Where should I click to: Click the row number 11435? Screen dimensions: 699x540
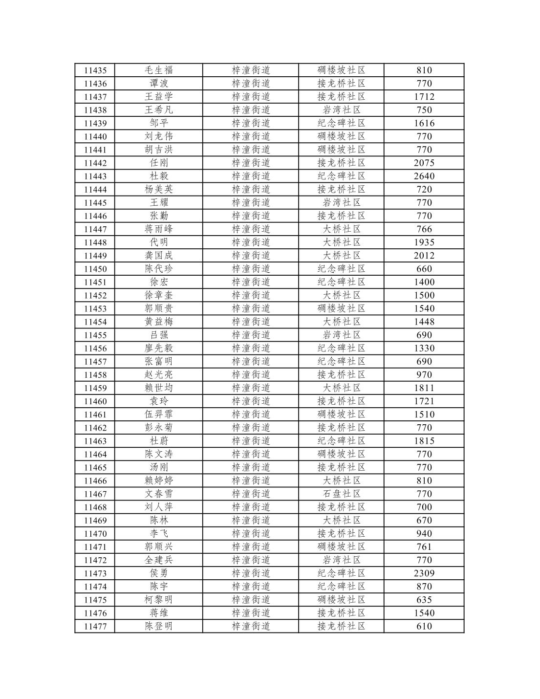click(x=95, y=70)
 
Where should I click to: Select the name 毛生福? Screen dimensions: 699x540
click(x=159, y=70)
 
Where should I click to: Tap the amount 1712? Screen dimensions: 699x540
click(x=424, y=97)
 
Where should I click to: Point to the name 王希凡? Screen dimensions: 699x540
click(x=159, y=110)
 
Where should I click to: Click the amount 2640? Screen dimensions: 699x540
click(x=424, y=176)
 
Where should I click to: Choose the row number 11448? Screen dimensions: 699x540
click(x=95, y=242)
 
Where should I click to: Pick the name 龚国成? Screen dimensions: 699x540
click(x=159, y=256)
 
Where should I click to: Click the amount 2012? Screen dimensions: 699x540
click(x=424, y=256)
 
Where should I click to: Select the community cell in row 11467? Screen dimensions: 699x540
click(x=341, y=494)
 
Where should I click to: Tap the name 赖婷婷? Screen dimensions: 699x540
click(x=159, y=481)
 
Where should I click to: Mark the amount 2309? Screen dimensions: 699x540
click(x=424, y=573)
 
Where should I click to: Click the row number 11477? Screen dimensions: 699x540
click(x=95, y=626)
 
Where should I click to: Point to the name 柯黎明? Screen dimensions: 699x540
click(x=159, y=600)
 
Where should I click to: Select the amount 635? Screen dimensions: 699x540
click(x=424, y=600)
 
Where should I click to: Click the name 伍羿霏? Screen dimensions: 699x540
click(x=159, y=415)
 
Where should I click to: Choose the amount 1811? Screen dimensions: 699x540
click(x=424, y=388)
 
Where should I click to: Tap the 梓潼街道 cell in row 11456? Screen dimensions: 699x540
click(x=251, y=348)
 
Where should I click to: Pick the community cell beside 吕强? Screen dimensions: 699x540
click(x=341, y=335)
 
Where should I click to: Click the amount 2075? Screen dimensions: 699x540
click(x=424, y=163)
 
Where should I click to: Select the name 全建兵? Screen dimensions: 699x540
click(x=159, y=560)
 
